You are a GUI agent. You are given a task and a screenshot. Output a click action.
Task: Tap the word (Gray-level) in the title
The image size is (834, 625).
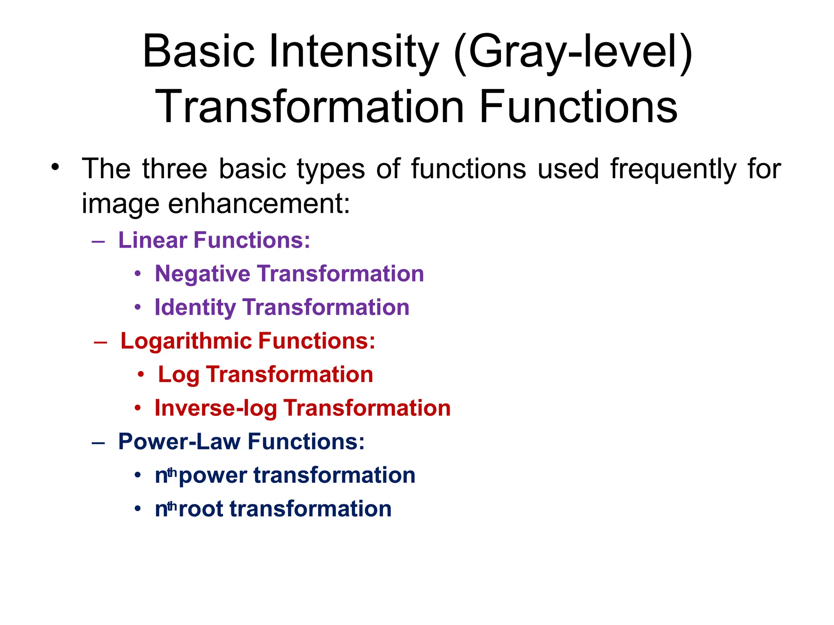(x=573, y=52)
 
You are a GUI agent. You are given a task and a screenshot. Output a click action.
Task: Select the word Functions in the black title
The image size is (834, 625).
(x=579, y=107)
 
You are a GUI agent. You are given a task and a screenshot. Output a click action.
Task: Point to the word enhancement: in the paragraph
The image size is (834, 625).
(x=259, y=203)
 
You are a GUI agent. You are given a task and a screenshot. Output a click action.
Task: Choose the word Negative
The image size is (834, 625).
(x=202, y=273)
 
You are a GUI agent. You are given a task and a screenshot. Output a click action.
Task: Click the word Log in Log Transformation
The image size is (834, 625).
(x=178, y=375)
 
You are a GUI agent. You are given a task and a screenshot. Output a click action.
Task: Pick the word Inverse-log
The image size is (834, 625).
(x=215, y=408)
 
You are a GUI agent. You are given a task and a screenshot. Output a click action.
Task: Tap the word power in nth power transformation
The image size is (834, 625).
(x=213, y=476)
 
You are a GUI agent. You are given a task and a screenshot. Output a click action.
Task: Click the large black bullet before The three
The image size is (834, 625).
(x=55, y=167)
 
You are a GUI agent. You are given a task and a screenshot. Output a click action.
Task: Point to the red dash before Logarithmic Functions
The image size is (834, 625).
(x=100, y=342)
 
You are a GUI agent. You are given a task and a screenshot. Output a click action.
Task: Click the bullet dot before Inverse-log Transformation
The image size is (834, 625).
(x=138, y=408)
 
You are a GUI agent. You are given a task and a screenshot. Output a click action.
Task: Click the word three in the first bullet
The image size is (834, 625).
(x=175, y=169)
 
